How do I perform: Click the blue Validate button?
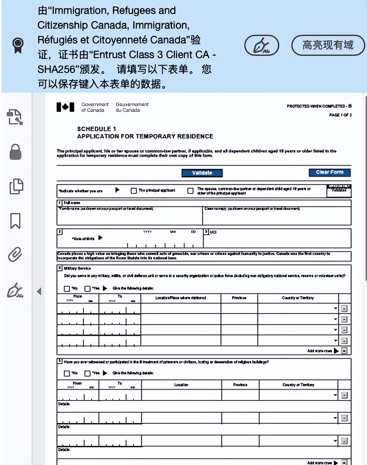[202, 173]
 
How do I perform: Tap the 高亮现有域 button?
[328, 45]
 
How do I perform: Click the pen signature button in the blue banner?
[261, 46]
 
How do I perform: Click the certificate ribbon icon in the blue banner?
[18, 45]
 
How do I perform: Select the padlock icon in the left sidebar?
[15, 152]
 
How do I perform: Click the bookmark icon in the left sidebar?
[15, 221]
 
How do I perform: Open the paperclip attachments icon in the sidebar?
[15, 255]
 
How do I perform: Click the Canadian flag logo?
[65, 107]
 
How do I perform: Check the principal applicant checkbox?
[134, 190]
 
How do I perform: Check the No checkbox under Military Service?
[67, 289]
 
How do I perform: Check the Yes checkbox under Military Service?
[88, 289]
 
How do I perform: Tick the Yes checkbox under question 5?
[88, 373]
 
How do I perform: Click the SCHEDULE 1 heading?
[97, 129]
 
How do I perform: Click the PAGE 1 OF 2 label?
[340, 115]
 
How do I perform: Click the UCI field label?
[213, 232]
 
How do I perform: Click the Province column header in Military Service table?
[239, 298]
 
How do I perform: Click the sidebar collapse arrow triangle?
[39, 291]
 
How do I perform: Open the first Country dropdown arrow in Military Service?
[335, 308]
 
